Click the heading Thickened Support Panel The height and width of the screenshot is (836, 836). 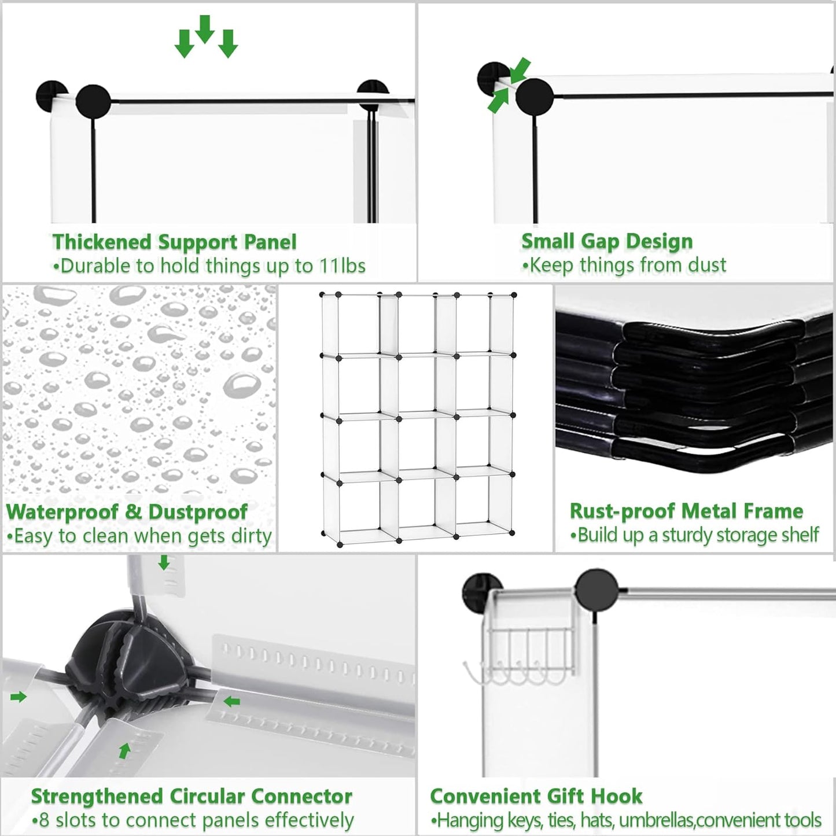click(174, 242)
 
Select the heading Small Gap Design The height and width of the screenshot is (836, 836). click(607, 241)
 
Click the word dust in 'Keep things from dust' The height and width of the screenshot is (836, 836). click(707, 265)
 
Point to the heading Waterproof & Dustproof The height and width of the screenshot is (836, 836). click(127, 511)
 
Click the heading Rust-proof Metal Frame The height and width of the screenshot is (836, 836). click(686, 511)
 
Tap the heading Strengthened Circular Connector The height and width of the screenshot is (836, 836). click(191, 796)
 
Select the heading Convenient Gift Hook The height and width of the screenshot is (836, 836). click(536, 796)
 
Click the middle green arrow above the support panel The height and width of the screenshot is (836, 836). click(205, 28)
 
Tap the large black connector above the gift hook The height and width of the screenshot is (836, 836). click(596, 590)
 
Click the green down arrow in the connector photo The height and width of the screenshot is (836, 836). click(164, 562)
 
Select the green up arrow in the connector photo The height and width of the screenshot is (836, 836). click(124, 750)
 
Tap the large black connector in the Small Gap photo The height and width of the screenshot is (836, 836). click(534, 97)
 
